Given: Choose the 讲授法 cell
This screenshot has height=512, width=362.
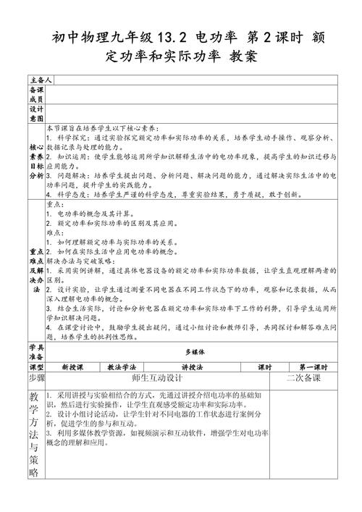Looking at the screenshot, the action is pyautogui.click(x=193, y=366).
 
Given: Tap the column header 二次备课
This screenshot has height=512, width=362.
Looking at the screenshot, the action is pyautogui.click(x=303, y=378).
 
